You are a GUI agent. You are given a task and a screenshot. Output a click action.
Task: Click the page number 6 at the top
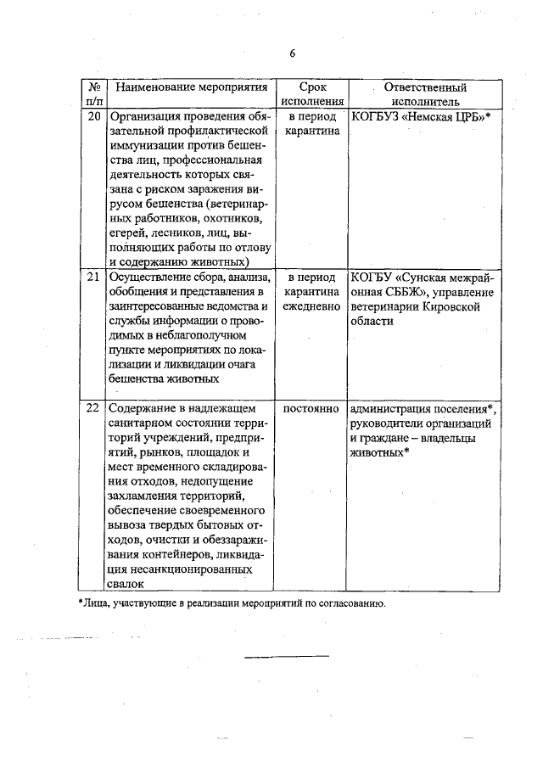pyautogui.click(x=291, y=53)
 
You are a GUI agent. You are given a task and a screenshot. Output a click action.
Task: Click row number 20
pyautogui.click(x=93, y=116)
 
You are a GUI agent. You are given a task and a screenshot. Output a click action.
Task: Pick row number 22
pyautogui.click(x=93, y=407)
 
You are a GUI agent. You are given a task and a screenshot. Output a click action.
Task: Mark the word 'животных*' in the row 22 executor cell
pyautogui.click(x=379, y=453)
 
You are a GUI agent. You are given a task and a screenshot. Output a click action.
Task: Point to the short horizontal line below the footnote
pyautogui.click(x=287, y=655)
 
